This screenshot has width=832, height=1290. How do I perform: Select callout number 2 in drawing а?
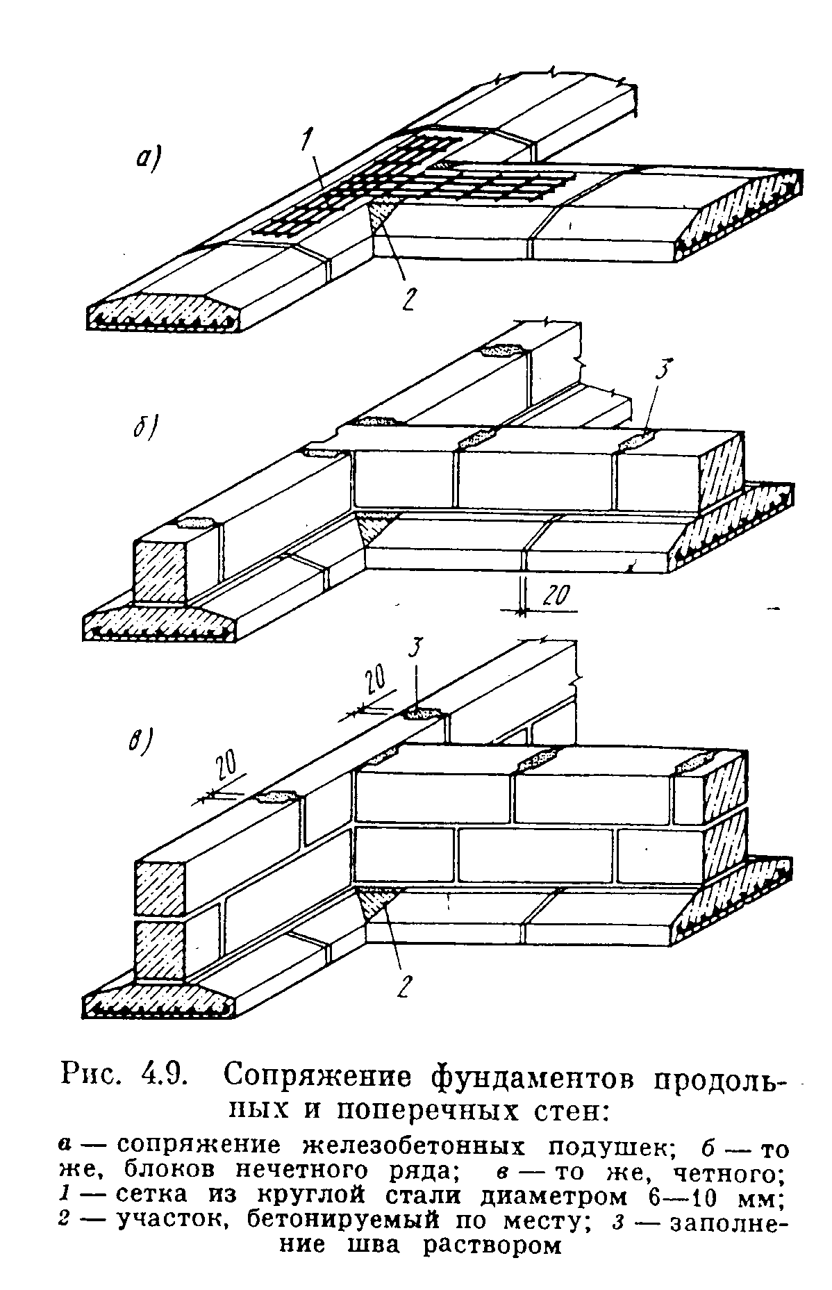[408, 298]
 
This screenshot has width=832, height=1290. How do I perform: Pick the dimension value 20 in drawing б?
[555, 595]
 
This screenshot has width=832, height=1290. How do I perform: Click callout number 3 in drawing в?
[415, 652]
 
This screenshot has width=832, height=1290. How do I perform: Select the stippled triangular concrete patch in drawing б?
[376, 529]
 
